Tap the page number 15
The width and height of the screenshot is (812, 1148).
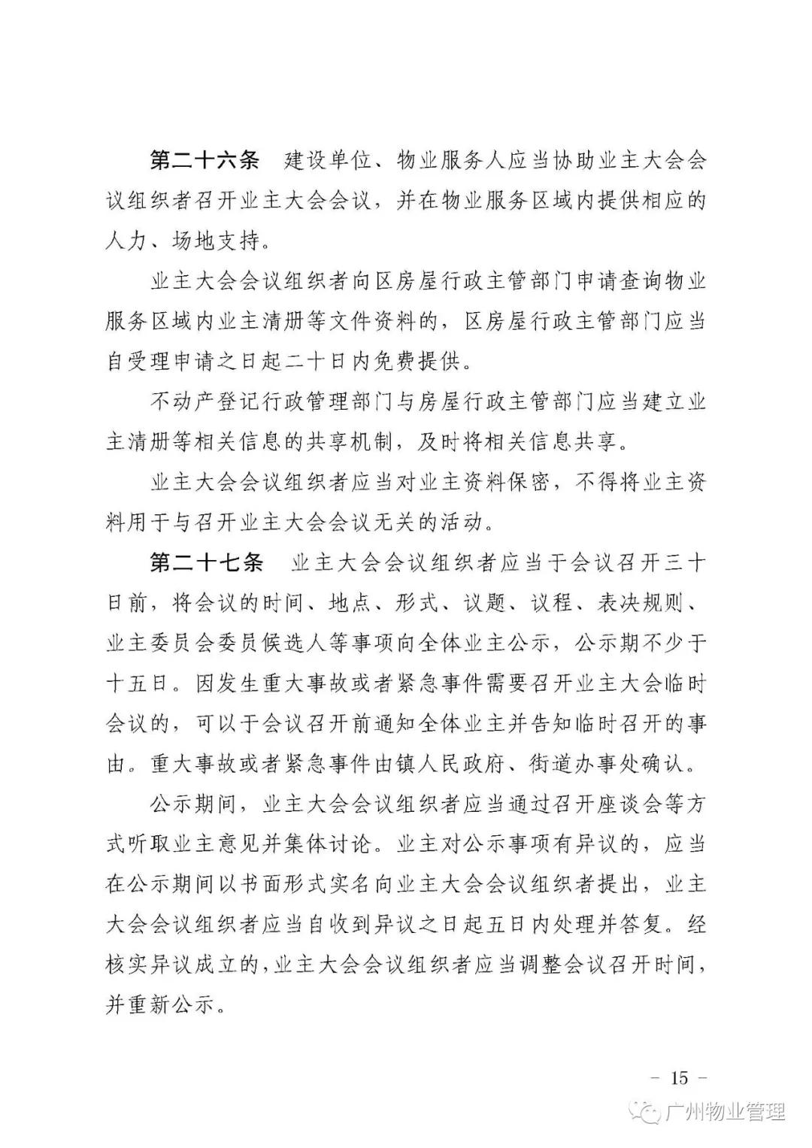click(x=678, y=1077)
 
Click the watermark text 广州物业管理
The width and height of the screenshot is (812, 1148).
click(x=726, y=1113)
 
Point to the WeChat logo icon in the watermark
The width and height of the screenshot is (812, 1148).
click(x=649, y=1113)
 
